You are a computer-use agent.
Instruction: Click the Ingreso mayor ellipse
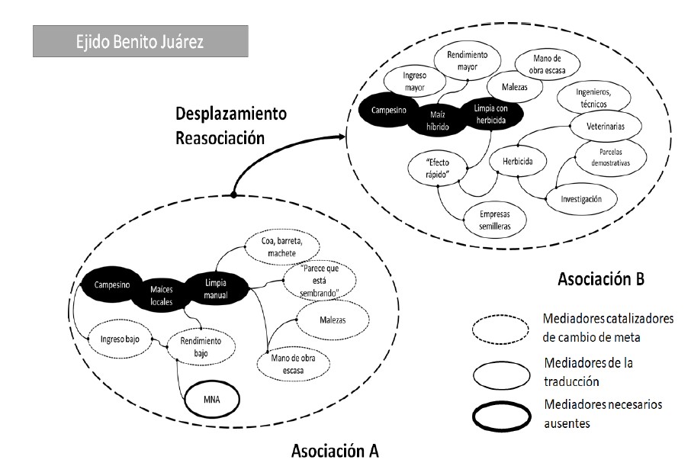(410, 81)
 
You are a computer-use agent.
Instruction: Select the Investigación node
(582, 198)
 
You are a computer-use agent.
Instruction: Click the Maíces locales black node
(162, 295)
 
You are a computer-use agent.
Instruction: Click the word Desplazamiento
(231, 114)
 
